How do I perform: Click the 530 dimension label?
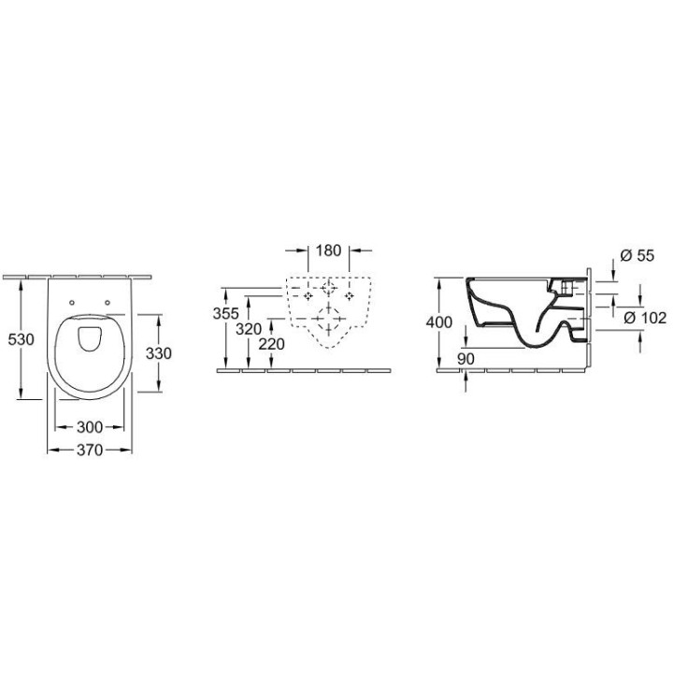pos(21,339)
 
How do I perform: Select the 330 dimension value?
pos(158,353)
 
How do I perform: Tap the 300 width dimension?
pos(90,427)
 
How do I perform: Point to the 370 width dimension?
pos(90,450)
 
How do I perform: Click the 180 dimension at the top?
pos(328,251)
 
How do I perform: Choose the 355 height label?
pos(226,313)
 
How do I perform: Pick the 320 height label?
pos(249,329)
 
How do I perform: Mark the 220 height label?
pos(272,344)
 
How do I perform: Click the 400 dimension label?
pos(439,322)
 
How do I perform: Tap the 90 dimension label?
pos(465,359)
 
